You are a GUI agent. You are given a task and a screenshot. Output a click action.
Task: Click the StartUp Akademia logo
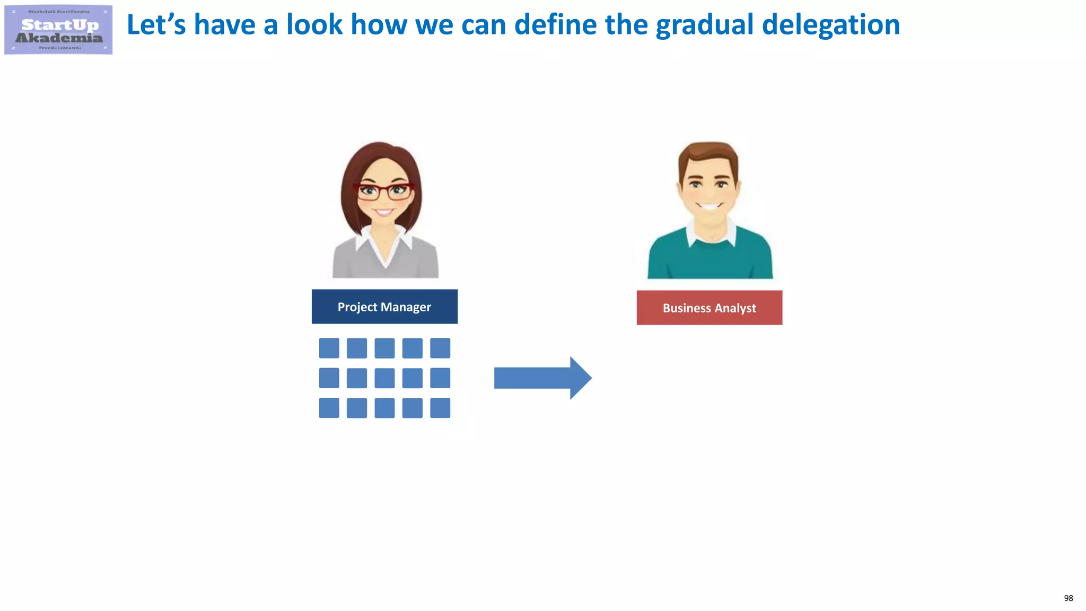(x=58, y=30)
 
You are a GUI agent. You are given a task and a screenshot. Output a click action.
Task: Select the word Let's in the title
(x=156, y=25)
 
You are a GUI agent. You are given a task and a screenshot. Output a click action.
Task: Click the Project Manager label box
(x=384, y=307)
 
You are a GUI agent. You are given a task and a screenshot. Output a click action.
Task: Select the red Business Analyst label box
(x=709, y=308)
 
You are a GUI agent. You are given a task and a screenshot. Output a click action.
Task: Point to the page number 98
(x=1068, y=598)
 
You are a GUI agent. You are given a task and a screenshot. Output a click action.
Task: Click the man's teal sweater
(x=709, y=260)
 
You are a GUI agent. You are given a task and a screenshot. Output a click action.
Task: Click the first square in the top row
(x=329, y=348)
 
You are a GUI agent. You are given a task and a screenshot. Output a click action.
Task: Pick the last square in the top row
(x=440, y=348)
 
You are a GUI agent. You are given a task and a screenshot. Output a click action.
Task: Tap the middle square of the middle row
(x=384, y=378)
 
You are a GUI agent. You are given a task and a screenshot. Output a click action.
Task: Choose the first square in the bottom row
(x=329, y=408)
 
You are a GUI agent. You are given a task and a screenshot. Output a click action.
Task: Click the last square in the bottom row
(x=440, y=408)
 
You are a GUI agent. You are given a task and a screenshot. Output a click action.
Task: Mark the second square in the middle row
(x=356, y=378)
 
